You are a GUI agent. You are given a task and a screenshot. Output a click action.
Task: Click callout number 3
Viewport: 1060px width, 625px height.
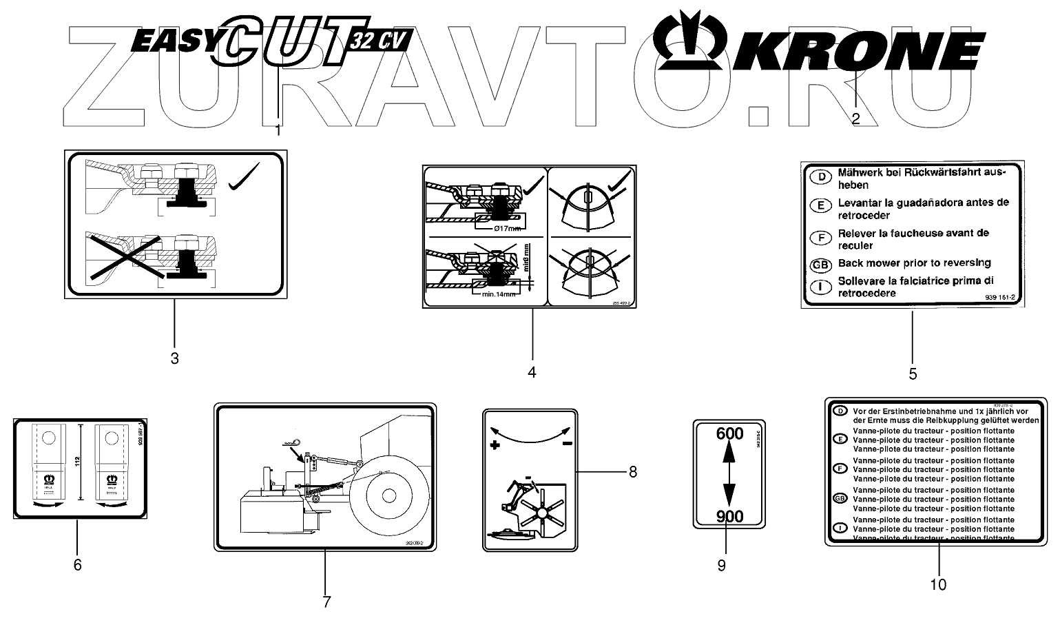click(174, 358)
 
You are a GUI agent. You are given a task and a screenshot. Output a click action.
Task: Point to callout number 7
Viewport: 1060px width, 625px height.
click(326, 602)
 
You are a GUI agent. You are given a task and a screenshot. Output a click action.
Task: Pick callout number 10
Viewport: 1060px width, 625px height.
click(938, 584)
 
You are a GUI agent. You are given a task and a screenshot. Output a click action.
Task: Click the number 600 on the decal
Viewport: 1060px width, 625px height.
click(729, 433)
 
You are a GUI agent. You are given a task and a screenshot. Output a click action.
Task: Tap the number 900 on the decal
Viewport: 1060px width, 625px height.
click(729, 517)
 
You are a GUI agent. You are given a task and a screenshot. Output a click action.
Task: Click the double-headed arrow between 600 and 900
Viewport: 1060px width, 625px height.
click(729, 475)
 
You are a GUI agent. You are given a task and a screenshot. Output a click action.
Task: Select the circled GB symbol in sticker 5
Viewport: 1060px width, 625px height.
click(820, 264)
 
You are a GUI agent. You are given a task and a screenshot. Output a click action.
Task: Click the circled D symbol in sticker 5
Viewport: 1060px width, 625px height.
click(820, 176)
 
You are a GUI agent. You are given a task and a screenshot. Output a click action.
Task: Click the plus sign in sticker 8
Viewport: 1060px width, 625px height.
click(495, 445)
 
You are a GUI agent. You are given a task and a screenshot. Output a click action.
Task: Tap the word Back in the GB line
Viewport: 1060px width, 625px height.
click(851, 263)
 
